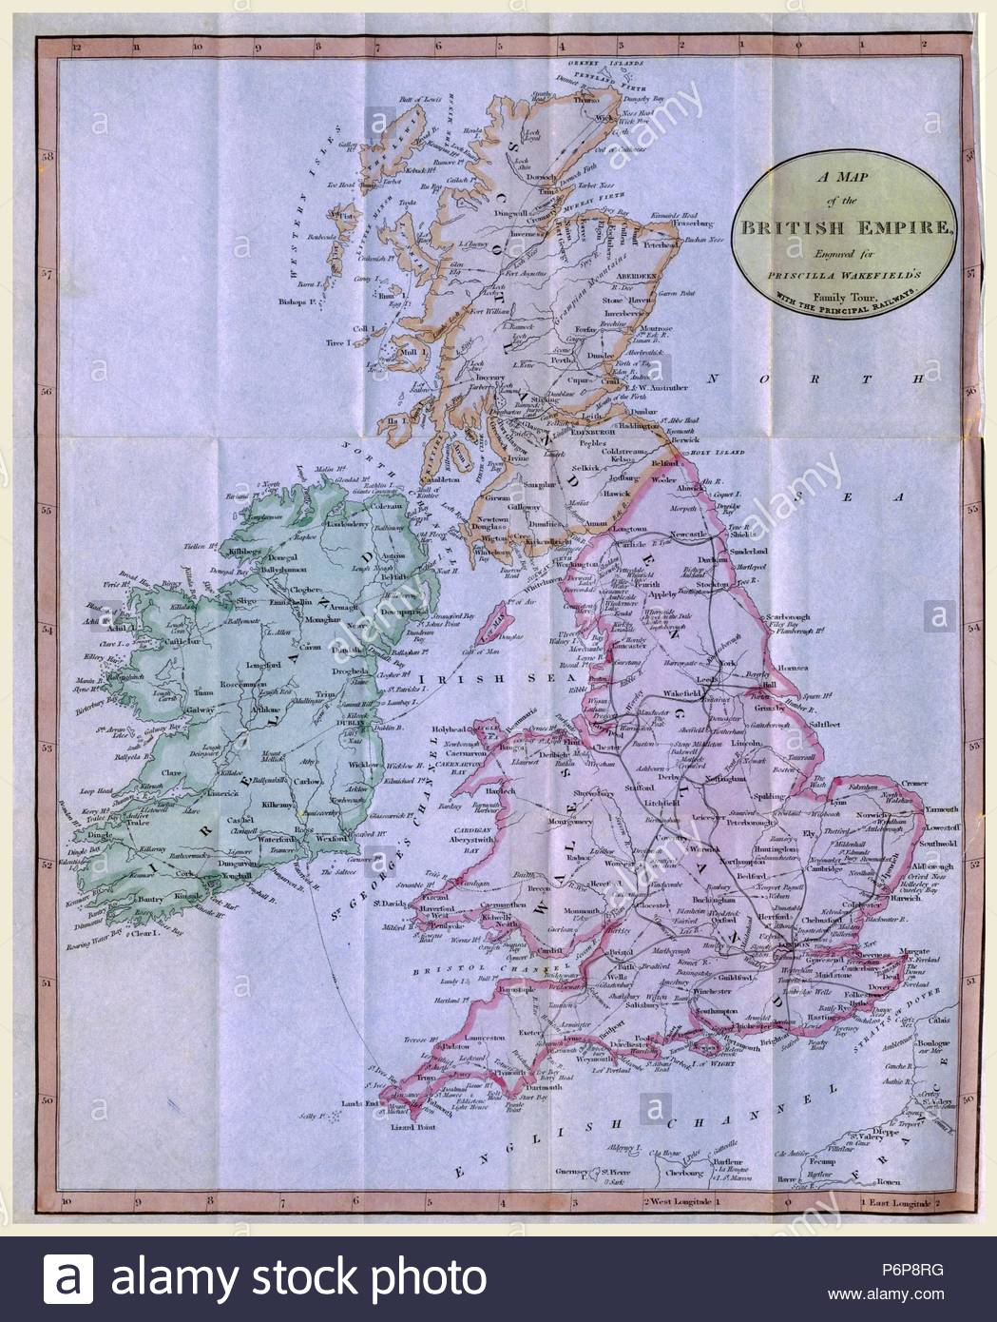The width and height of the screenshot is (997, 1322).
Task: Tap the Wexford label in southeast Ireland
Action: point(332,839)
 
